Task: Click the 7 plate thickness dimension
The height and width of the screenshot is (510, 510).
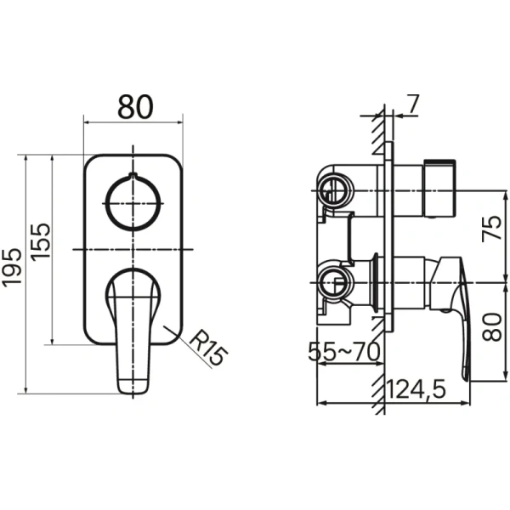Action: click(x=413, y=105)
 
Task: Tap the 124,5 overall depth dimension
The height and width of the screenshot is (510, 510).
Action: click(x=417, y=389)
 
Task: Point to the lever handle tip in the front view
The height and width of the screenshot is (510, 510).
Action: click(x=133, y=382)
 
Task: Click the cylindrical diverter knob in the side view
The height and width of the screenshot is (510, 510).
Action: click(x=439, y=189)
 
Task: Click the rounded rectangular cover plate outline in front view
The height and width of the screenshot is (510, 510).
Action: click(x=87, y=255)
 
